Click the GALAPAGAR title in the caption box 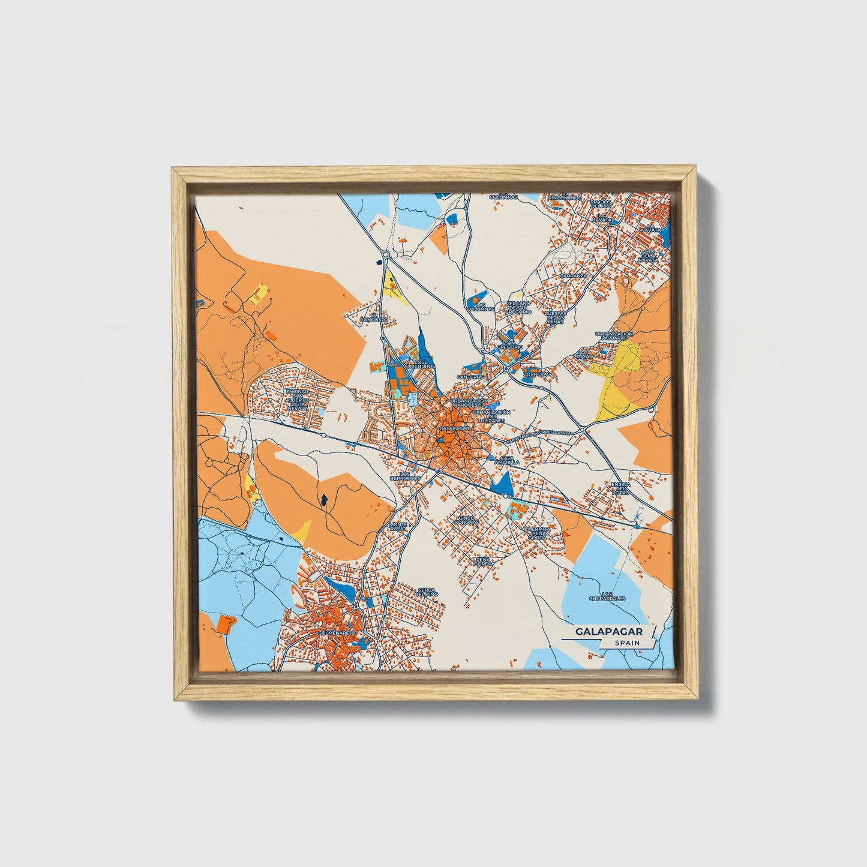click(609, 632)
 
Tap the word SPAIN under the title click(626, 643)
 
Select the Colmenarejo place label click(338, 632)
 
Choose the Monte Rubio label click(398, 526)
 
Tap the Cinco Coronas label click(468, 520)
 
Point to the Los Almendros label click(419, 364)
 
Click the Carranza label click(573, 275)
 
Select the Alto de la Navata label click(648, 256)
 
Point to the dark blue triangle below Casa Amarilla click(503, 484)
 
